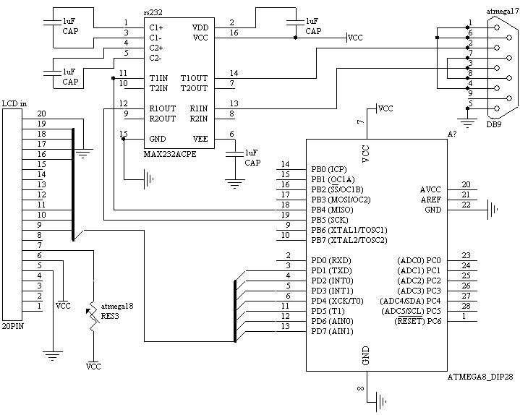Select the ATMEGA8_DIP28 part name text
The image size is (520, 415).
pyautogui.click(x=479, y=377)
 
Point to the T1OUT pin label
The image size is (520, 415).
pyautogui.click(x=193, y=78)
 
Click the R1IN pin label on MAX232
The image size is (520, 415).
pyautogui.click(x=198, y=108)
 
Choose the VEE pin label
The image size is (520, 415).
pyautogui.click(x=200, y=138)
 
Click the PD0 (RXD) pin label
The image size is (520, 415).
pyautogui.click(x=331, y=260)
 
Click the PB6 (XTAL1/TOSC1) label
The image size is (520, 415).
pyautogui.click(x=349, y=229)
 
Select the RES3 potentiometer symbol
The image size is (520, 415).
pyautogui.click(x=93, y=318)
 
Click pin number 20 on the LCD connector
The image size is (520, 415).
pyautogui.click(x=41, y=114)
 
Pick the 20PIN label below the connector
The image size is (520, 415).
pyautogui.click(x=16, y=327)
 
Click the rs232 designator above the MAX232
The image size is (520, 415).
pyautogui.click(x=153, y=13)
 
